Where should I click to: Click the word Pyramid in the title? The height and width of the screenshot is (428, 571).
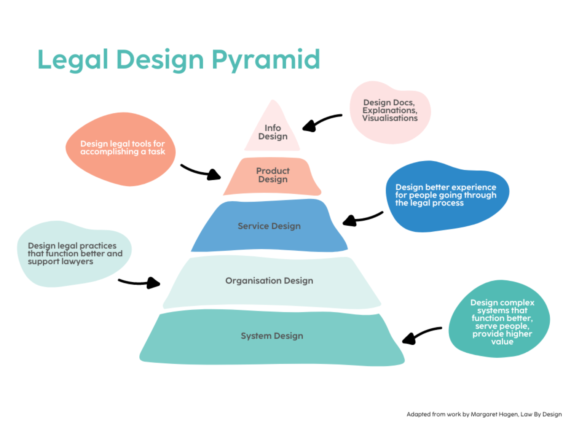click(265, 60)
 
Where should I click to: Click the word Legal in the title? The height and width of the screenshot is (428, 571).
click(72, 60)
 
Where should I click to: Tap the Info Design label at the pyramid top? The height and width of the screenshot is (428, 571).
click(273, 132)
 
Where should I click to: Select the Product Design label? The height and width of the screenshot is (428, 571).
click(273, 175)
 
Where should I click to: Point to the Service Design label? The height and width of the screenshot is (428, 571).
click(269, 226)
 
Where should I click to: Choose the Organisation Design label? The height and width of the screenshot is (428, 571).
click(269, 281)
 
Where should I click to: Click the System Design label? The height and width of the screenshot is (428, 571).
click(272, 336)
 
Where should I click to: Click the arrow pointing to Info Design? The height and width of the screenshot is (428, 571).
click(320, 121)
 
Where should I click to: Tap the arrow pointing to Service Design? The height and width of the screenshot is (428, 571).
click(362, 218)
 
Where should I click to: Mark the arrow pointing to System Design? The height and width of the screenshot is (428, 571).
click(421, 334)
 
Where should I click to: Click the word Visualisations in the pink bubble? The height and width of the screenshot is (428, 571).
click(390, 118)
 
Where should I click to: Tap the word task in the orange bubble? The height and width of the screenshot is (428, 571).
click(156, 152)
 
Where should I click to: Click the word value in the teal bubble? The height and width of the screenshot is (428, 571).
click(502, 342)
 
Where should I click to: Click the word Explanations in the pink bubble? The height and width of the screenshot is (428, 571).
click(389, 110)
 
